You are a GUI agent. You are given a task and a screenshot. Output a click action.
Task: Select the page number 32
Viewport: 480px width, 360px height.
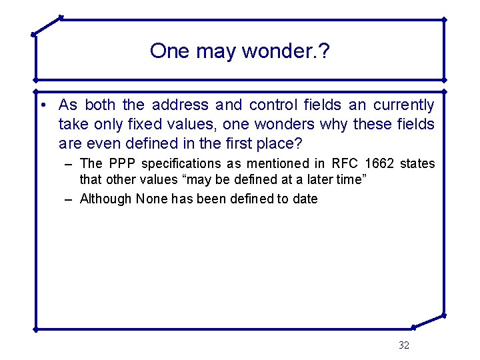(403, 345)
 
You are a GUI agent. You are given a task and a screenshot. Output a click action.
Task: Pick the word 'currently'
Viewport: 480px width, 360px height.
(403, 105)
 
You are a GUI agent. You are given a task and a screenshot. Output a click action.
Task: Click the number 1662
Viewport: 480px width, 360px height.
(380, 163)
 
